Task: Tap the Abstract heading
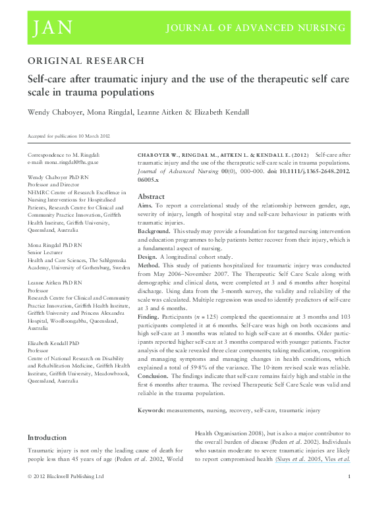[x=151, y=197]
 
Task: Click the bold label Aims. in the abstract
[x=146, y=206]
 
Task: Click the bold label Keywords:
[x=157, y=410]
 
